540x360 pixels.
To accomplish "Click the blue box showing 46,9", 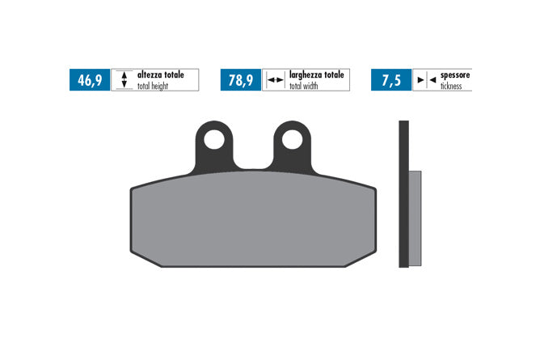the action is pyautogui.click(x=90, y=80).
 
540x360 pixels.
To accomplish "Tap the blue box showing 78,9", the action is pyautogui.click(x=241, y=80).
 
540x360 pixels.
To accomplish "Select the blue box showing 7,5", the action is pyautogui.click(x=391, y=80).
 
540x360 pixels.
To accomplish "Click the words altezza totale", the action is pyautogui.click(x=161, y=74).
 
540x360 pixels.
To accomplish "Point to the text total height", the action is pyautogui.click(x=153, y=86).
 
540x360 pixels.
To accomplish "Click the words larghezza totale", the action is pyautogui.click(x=317, y=74).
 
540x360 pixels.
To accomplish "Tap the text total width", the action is pyautogui.click(x=303, y=86).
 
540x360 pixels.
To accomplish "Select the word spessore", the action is pyautogui.click(x=455, y=75).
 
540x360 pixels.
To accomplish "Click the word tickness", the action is pyautogui.click(x=451, y=86).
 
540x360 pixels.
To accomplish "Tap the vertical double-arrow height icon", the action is pyautogui.click(x=124, y=79).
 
